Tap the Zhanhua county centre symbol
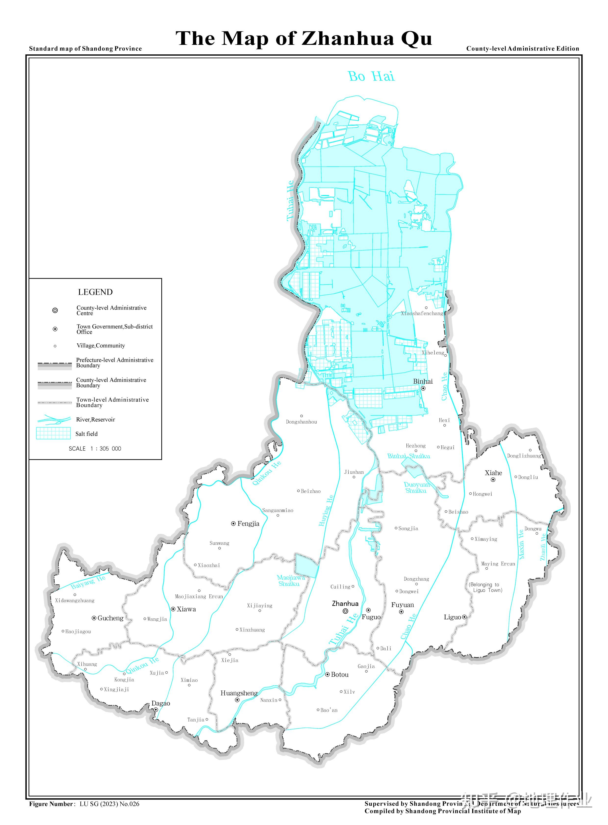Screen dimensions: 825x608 coord(345,611)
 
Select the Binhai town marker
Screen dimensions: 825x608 coord(423,388)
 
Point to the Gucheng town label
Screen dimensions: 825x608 coord(110,618)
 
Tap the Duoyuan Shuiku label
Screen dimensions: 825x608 coord(416,487)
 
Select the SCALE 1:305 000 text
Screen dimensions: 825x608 coord(95,449)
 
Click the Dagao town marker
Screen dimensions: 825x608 coord(156,710)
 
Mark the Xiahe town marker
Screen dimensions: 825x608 coord(493,480)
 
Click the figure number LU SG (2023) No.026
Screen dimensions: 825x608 coord(109,804)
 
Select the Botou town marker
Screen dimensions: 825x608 coord(327,675)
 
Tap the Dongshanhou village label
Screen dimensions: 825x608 coord(301,422)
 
